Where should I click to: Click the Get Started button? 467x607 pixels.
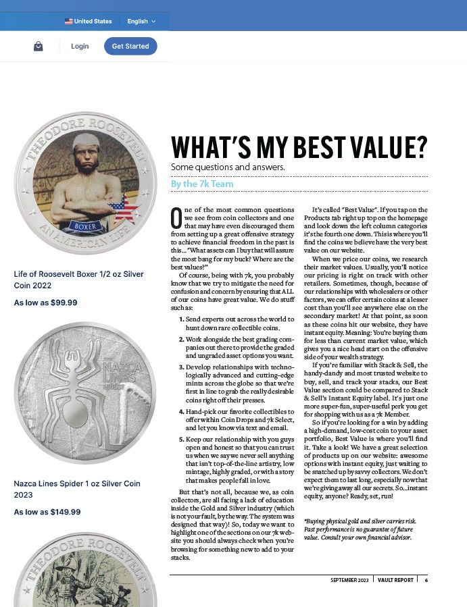(130, 46)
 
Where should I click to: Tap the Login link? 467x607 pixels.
(80, 46)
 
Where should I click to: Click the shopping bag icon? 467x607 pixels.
(39, 46)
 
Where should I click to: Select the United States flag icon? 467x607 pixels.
(68, 22)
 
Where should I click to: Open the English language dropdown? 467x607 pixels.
(141, 22)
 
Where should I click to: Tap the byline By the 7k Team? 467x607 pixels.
(202, 184)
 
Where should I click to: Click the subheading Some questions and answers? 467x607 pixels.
(228, 167)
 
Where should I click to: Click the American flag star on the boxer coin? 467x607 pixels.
(124, 207)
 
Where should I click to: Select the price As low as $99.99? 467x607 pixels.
(46, 302)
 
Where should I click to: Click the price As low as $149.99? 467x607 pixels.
(47, 512)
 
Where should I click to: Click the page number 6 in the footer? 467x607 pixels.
(426, 580)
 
